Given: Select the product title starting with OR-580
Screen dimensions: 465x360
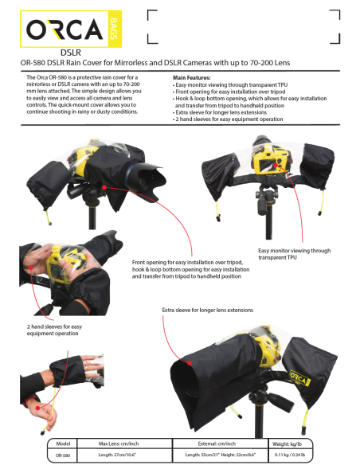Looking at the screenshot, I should [179, 64].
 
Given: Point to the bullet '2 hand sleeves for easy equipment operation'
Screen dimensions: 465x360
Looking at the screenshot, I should [228, 119].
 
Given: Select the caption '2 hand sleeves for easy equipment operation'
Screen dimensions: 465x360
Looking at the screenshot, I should [45, 330].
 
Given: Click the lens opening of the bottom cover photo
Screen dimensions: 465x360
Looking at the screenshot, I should [182, 382].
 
